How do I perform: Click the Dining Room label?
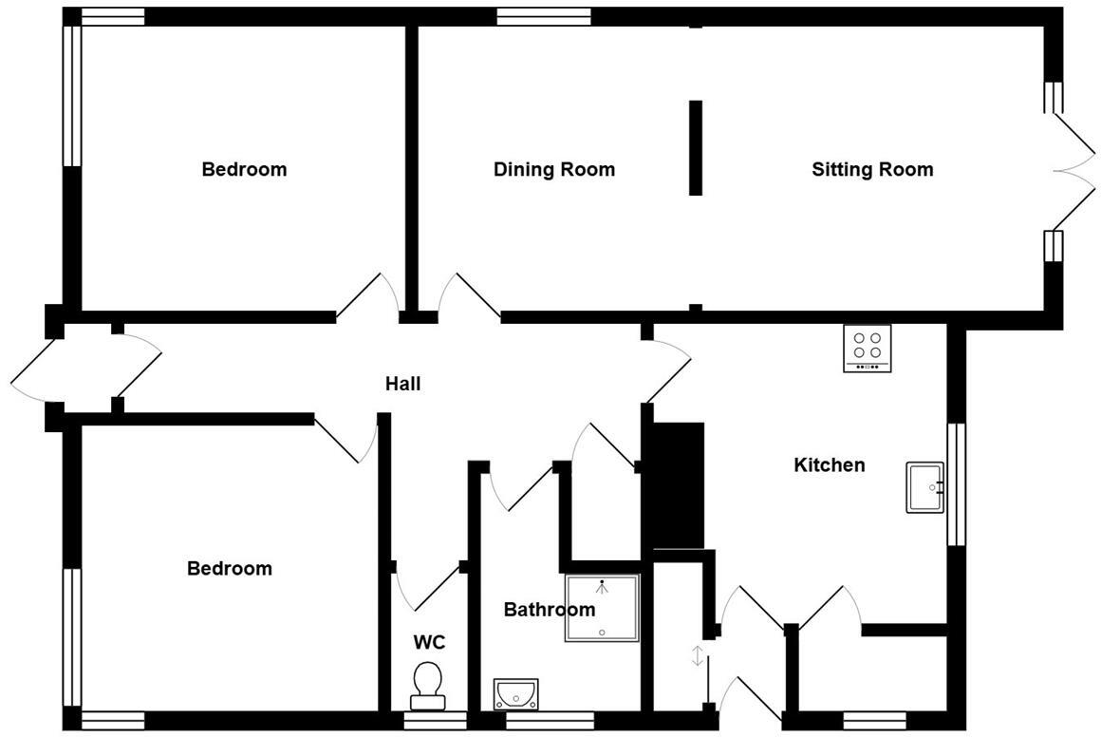tap(554, 170)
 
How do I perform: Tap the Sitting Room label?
tap(872, 170)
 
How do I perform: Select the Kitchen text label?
tap(830, 465)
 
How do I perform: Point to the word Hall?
tap(402, 385)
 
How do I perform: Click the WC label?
tap(429, 643)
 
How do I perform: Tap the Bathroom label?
tap(549, 610)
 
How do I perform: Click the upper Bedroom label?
tap(244, 170)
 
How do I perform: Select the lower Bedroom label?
tap(230, 569)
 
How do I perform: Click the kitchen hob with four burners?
tap(868, 349)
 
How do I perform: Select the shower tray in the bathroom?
tap(603, 608)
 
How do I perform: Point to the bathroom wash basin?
tap(515, 693)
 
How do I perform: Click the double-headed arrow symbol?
tap(699, 655)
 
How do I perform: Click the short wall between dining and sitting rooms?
tap(696, 147)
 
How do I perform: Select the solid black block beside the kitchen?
tap(676, 484)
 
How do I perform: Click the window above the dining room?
tap(544, 16)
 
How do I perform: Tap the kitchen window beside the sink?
tap(957, 484)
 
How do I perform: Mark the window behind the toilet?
tap(428, 721)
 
